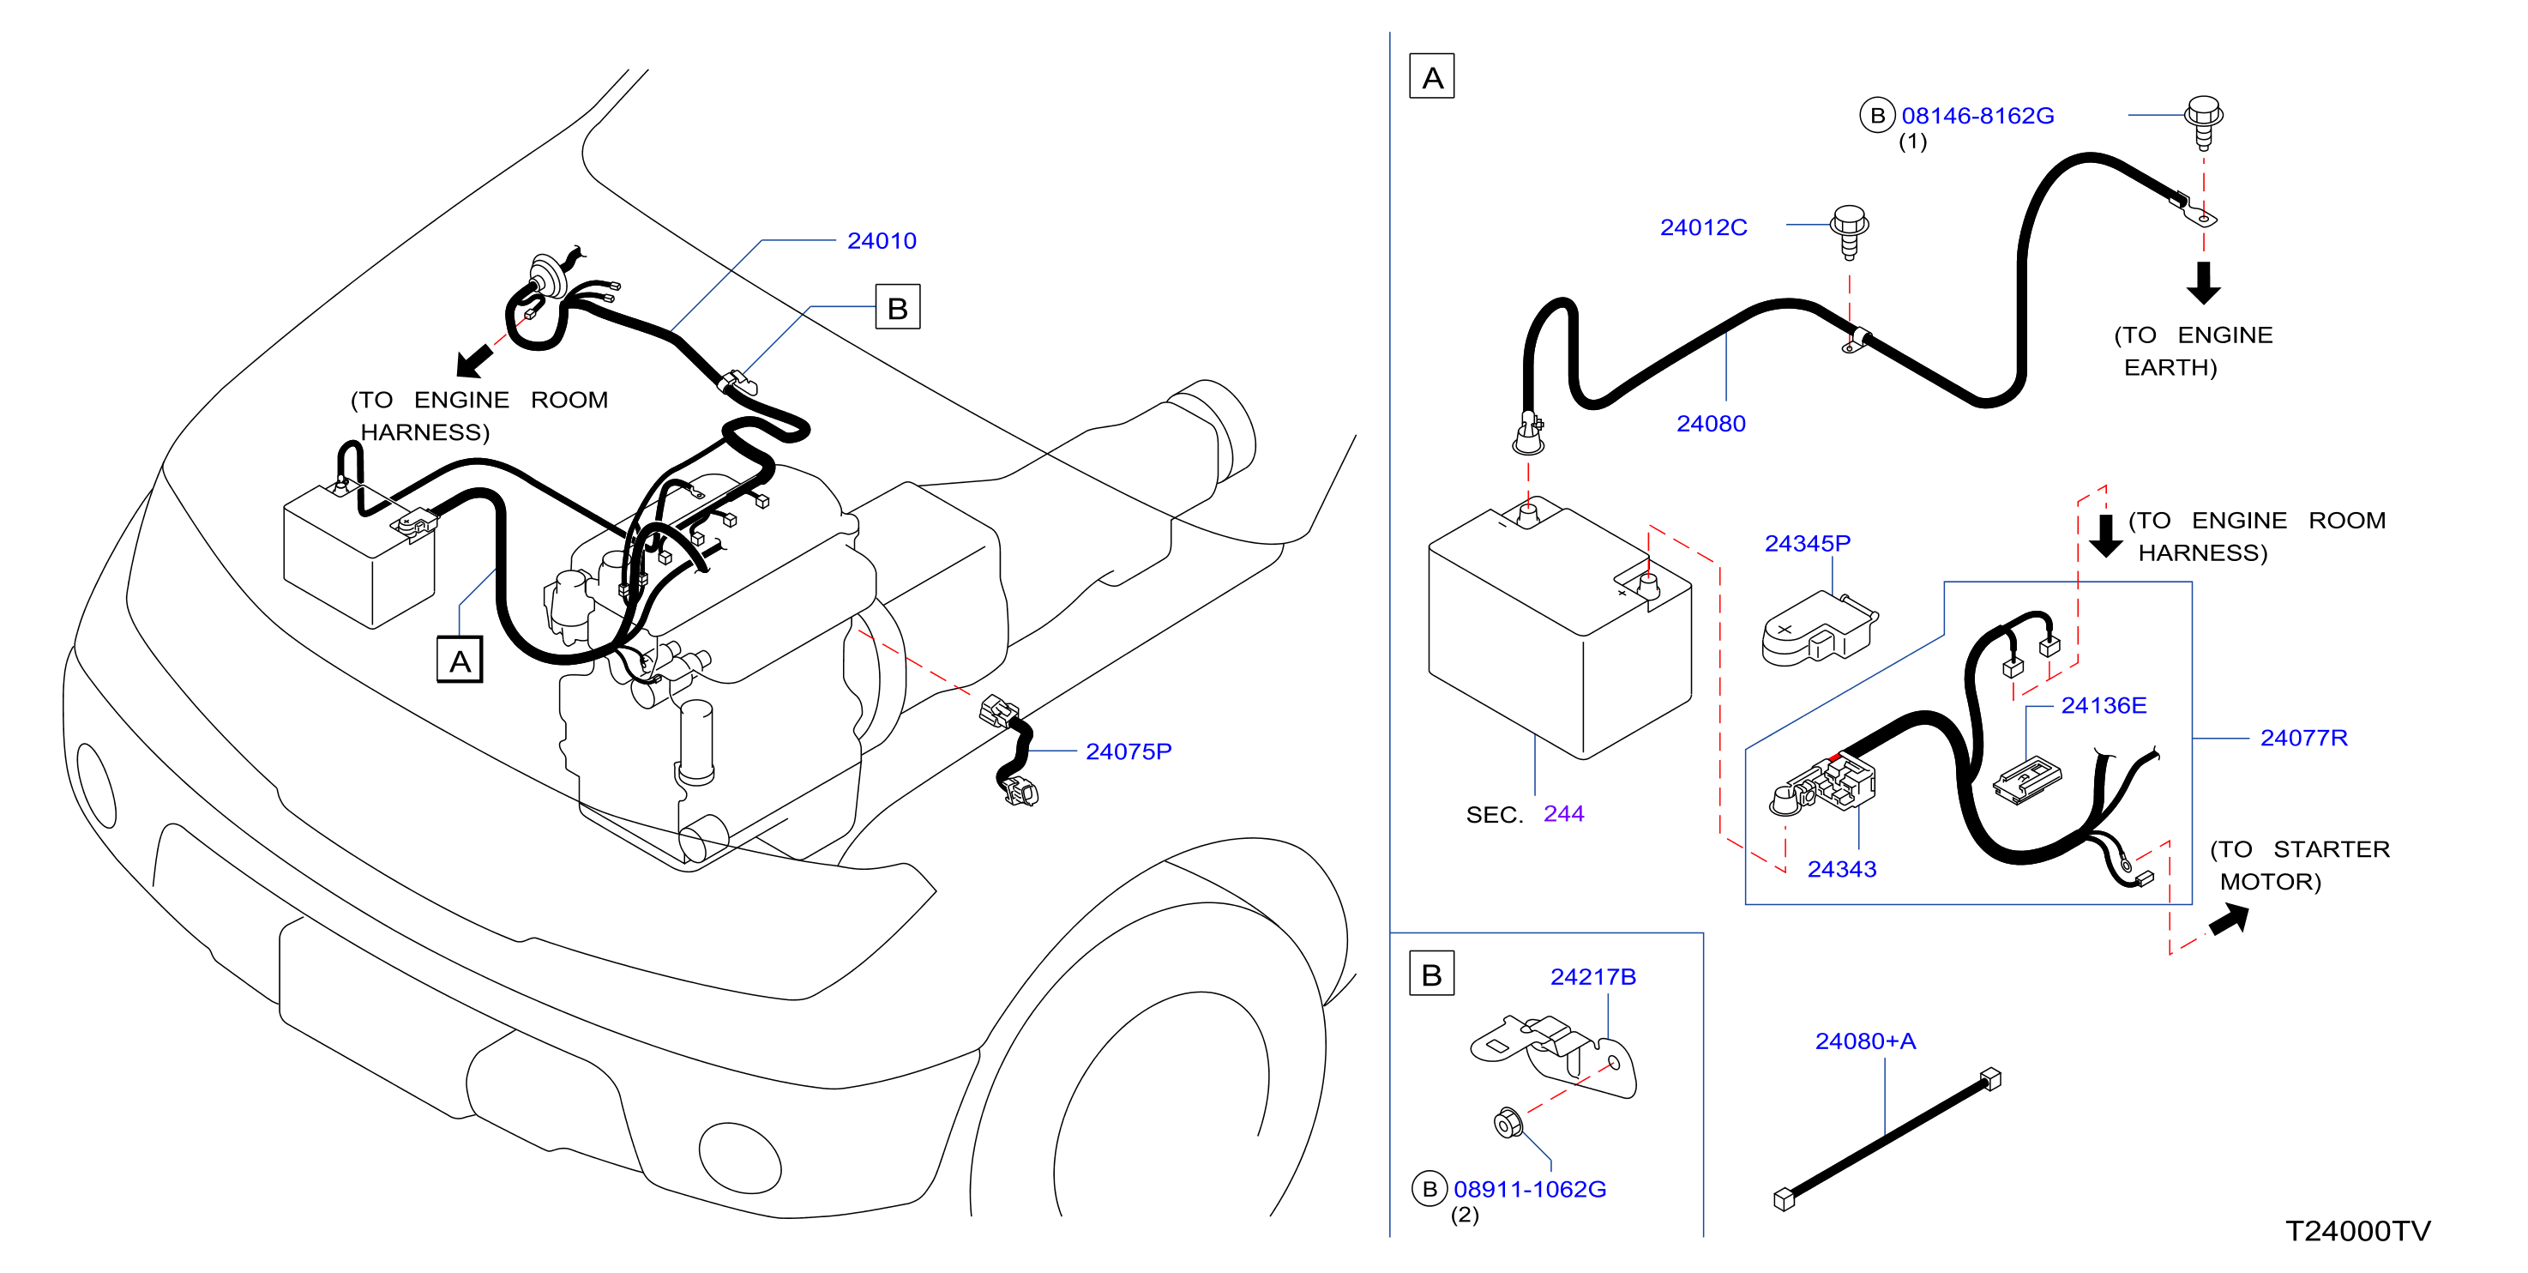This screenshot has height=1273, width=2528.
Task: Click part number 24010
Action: pos(882,240)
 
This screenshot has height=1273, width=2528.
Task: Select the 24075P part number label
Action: pos(1129,751)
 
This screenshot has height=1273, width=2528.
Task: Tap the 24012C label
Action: pos(1704,226)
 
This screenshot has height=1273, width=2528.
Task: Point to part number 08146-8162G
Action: pos(1977,116)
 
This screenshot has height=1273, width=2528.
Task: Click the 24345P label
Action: pos(1808,543)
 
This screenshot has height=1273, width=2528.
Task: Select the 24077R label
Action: pos(2304,737)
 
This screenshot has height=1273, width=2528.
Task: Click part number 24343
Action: pos(1842,869)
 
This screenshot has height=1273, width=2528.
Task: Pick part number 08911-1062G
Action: pos(1530,1189)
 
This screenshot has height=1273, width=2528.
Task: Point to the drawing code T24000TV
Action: pos(2358,1231)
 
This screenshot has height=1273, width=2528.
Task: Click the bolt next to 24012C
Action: pos(1850,231)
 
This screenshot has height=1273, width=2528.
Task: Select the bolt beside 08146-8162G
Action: pos(2204,121)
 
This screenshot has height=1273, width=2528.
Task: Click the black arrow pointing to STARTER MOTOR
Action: pos(2230,920)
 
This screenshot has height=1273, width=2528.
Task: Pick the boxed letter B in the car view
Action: pos(897,307)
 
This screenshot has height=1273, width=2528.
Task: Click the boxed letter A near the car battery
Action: pos(460,660)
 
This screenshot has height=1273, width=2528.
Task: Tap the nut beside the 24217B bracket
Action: pos(1508,1122)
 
